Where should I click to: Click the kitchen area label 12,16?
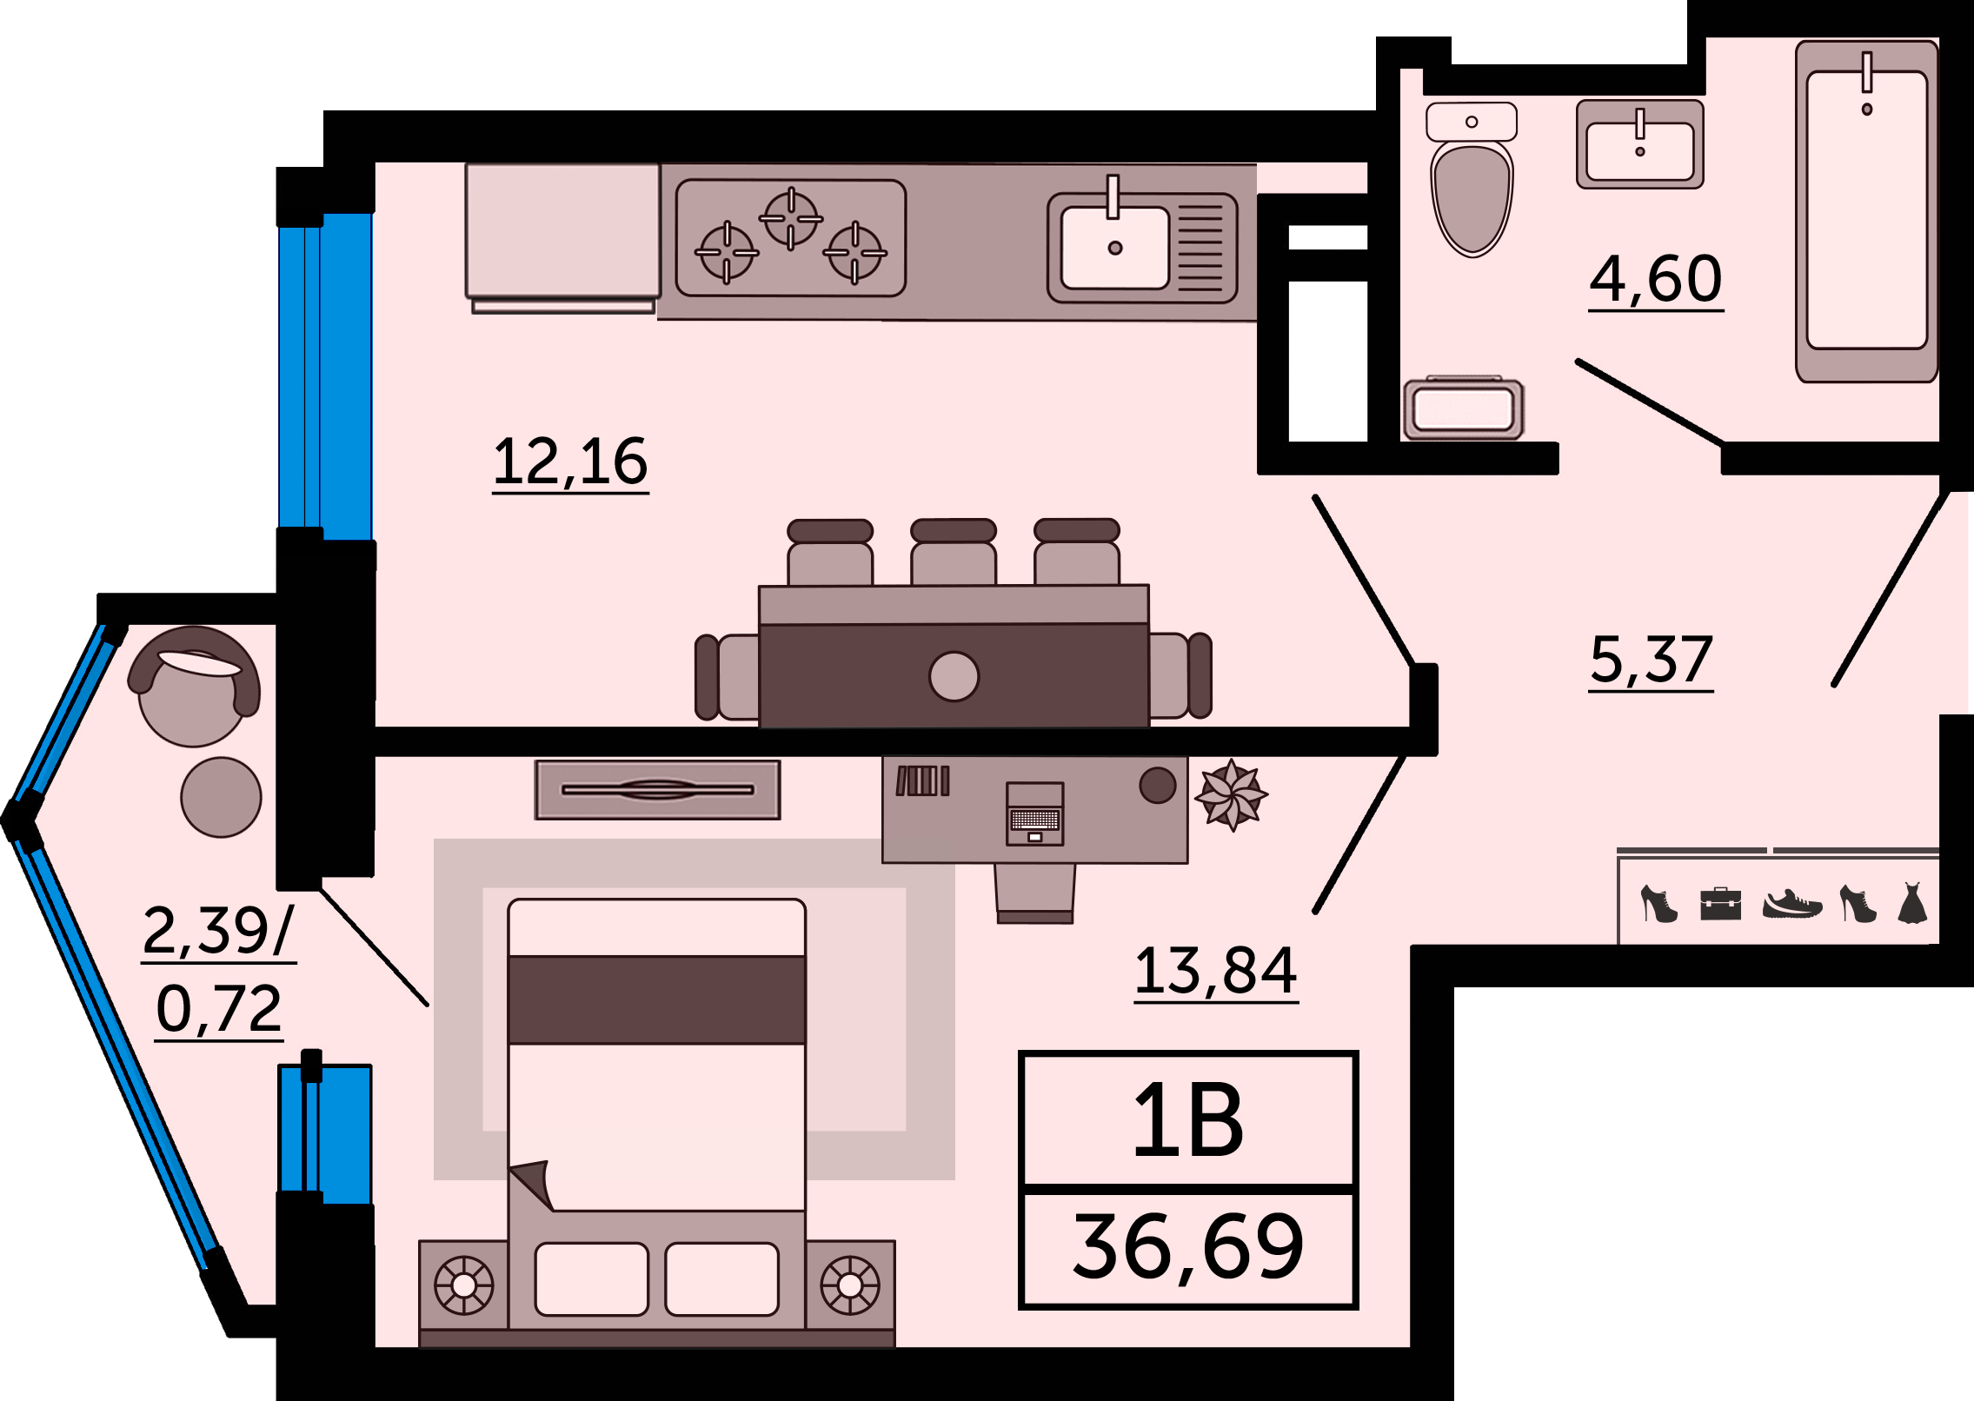click(x=570, y=463)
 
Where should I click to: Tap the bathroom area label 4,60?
click(x=1656, y=280)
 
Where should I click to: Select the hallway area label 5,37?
click(x=1651, y=661)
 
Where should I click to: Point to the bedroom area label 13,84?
click(x=1216, y=973)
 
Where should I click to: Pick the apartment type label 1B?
click(x=1188, y=1120)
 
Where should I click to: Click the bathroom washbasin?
click(x=1640, y=144)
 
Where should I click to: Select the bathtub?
click(x=1867, y=211)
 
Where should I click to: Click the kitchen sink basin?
click(x=1115, y=247)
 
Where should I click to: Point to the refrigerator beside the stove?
click(x=562, y=237)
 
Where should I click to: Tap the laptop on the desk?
click(x=1034, y=813)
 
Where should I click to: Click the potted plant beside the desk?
click(x=1231, y=795)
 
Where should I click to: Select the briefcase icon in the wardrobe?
click(x=1720, y=904)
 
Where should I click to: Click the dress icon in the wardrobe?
click(x=1912, y=902)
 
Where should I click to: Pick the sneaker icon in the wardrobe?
click(x=1792, y=904)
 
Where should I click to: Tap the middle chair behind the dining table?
click(x=954, y=552)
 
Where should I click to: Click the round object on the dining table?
click(x=954, y=676)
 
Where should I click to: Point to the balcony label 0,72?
click(x=219, y=1011)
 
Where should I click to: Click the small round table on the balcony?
click(x=221, y=797)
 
